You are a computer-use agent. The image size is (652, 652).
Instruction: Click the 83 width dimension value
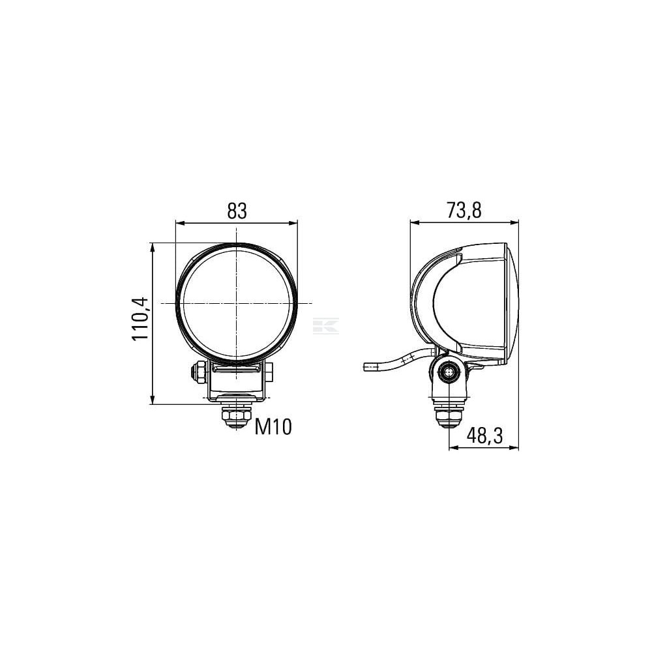click(x=237, y=211)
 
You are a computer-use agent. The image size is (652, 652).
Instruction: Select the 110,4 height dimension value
click(x=140, y=319)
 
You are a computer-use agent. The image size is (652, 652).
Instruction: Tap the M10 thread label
click(x=273, y=426)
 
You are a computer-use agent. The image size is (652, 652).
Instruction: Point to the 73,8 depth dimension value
click(x=464, y=210)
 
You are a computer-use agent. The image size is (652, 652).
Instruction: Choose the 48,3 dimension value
click(x=484, y=436)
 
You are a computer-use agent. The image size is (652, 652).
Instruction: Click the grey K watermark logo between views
click(x=325, y=325)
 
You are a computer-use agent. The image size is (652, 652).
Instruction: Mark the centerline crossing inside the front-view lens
click(x=236, y=303)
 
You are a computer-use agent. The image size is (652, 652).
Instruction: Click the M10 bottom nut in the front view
click(x=236, y=417)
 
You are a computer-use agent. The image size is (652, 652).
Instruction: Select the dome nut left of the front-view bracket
click(x=199, y=372)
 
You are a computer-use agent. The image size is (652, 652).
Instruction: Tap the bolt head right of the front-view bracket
click(x=269, y=371)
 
